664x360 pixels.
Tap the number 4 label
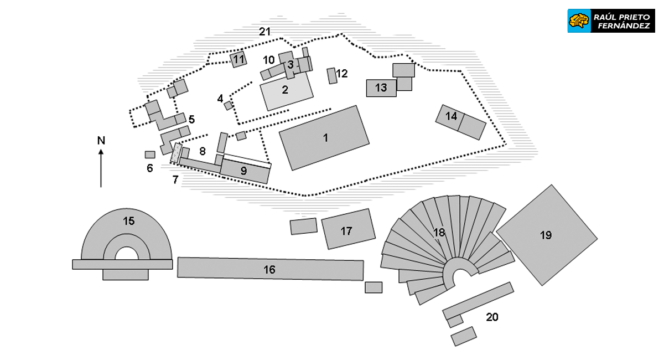click(x=220, y=99)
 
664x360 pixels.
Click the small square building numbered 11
click(x=238, y=59)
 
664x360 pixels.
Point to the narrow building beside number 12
click(x=332, y=76)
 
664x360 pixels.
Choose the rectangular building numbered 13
click(x=381, y=88)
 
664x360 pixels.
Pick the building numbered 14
click(x=461, y=121)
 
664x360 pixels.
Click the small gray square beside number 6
click(x=149, y=155)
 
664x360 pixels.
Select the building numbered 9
click(x=244, y=171)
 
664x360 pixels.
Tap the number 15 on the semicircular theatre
click(x=128, y=221)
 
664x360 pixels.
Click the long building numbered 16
click(x=270, y=270)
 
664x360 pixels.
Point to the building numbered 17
click(x=347, y=229)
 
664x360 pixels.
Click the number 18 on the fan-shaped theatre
click(x=439, y=233)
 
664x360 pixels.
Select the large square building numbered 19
click(x=546, y=235)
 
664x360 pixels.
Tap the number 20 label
click(x=492, y=317)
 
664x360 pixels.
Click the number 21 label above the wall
click(x=265, y=32)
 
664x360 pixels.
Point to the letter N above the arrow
click(x=101, y=140)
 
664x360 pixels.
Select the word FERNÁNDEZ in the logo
click(x=622, y=26)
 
